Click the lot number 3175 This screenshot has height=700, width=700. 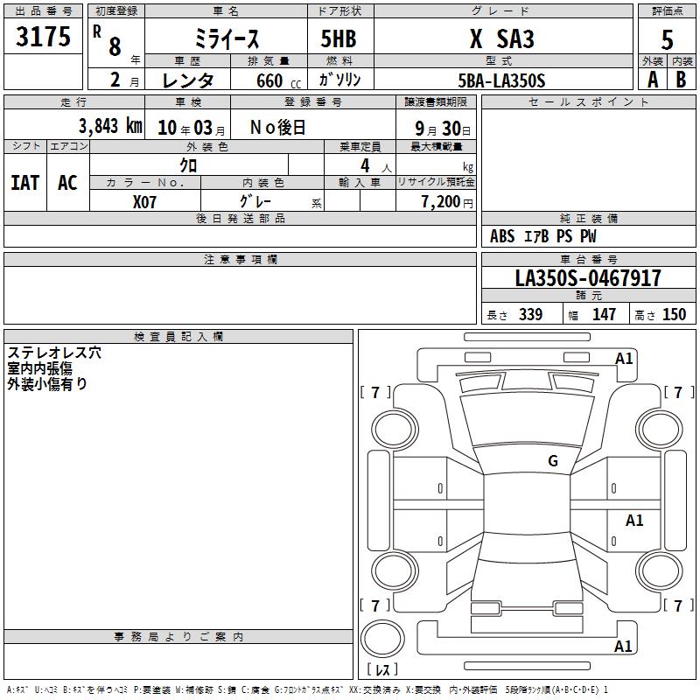(x=43, y=36)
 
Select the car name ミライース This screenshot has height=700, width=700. (x=227, y=38)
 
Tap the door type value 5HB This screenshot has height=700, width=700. (x=339, y=38)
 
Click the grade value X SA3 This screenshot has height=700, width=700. (x=501, y=38)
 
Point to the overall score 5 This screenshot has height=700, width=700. (x=667, y=39)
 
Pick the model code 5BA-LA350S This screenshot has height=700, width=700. (x=501, y=80)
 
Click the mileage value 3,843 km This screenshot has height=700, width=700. (x=110, y=126)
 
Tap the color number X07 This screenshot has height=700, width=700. (x=144, y=202)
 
